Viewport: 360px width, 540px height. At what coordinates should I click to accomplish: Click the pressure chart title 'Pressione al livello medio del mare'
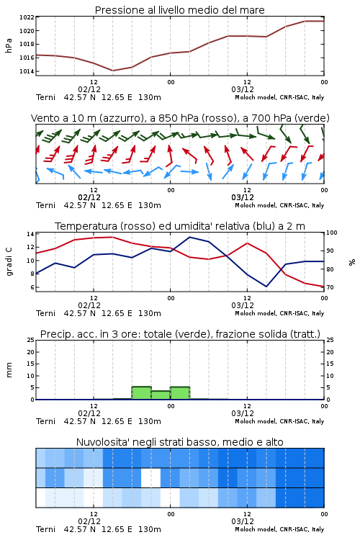(x=179, y=10)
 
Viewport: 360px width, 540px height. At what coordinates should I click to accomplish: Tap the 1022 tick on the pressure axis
(x=27, y=17)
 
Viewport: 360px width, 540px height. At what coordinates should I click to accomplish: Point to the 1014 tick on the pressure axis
(x=27, y=71)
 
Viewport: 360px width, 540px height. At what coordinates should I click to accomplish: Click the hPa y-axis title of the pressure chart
(x=9, y=45)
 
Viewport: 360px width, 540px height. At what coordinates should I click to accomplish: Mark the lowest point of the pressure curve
(x=112, y=71)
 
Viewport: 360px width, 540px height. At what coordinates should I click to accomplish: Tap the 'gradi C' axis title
(x=9, y=262)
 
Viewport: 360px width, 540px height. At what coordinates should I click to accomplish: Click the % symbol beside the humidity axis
(x=352, y=262)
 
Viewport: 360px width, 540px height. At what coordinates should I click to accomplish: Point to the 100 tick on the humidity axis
(x=332, y=233)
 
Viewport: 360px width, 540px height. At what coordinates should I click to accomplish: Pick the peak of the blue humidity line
(x=189, y=237)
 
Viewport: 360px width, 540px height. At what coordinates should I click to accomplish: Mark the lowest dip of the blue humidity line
(x=266, y=287)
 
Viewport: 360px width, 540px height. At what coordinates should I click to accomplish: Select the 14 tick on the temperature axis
(x=31, y=234)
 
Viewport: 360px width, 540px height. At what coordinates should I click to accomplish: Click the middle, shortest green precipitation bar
(x=161, y=395)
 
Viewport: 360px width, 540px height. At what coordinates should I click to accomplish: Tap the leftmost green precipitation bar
(x=142, y=393)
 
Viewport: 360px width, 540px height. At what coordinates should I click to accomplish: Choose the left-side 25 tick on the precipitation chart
(x=31, y=340)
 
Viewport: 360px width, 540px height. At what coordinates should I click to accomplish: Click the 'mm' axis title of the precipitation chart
(x=9, y=370)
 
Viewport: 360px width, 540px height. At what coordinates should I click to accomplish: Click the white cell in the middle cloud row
(x=151, y=477)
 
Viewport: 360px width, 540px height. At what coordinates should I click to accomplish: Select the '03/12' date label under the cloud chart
(x=243, y=521)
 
